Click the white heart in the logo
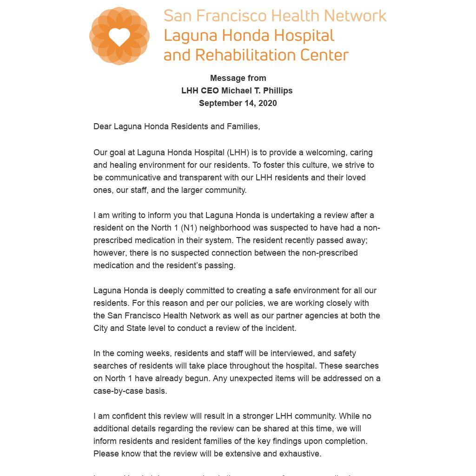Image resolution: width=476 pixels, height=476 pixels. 119,36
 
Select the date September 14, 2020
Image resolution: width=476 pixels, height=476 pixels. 238,103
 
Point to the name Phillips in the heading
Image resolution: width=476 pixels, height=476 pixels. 278,91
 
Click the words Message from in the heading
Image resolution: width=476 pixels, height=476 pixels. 238,78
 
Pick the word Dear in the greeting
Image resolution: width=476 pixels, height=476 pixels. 102,126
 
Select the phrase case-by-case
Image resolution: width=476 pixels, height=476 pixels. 118,391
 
